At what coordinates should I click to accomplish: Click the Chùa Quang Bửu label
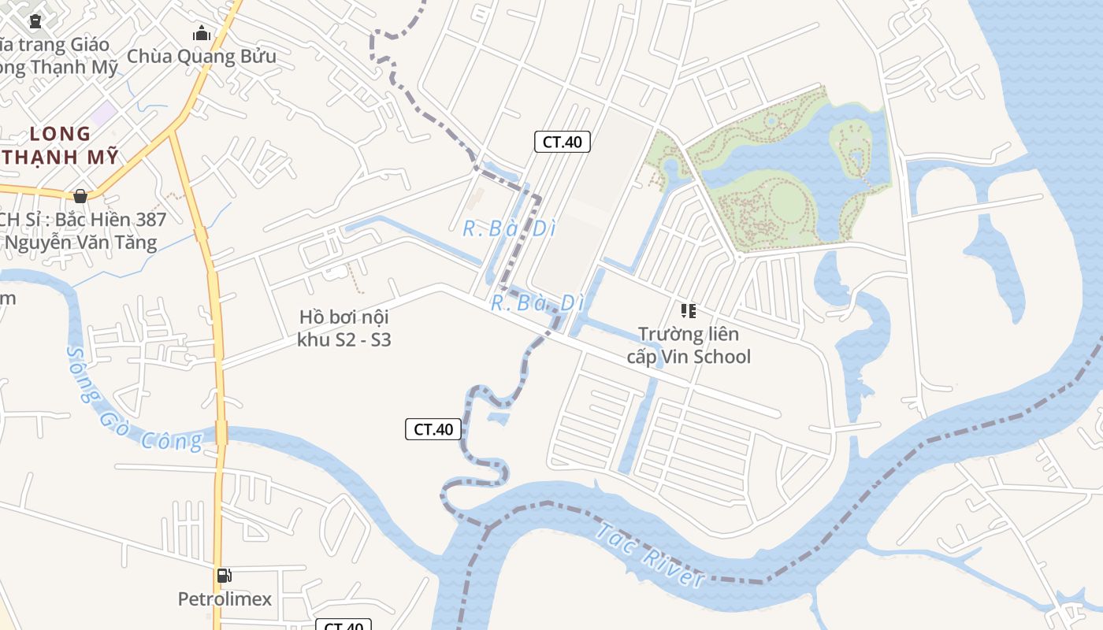[201, 57]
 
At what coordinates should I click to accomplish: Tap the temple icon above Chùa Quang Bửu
[202, 34]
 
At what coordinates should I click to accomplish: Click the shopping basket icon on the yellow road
[80, 196]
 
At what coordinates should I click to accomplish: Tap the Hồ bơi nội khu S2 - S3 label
[344, 328]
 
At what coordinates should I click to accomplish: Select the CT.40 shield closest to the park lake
[563, 142]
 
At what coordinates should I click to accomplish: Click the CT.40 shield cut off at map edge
[344, 625]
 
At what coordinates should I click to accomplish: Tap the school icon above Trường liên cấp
[689, 311]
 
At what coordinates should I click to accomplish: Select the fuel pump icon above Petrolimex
[225, 576]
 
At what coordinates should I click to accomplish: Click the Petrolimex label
[225, 599]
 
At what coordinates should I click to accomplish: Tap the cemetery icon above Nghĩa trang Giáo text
[35, 21]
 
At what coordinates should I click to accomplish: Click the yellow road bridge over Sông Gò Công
[221, 432]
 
